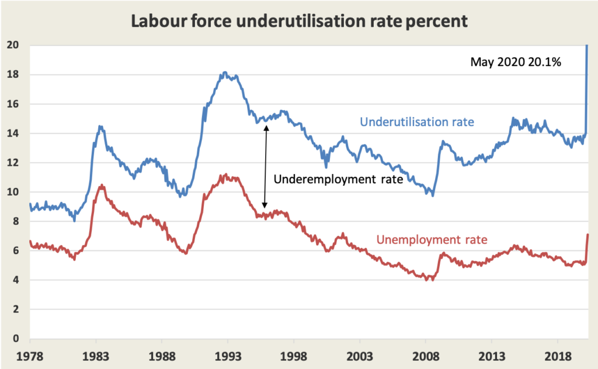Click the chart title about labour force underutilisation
[x=299, y=22]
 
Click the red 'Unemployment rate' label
[x=432, y=239]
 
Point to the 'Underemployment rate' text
[x=338, y=180]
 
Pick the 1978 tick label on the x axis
[x=30, y=355]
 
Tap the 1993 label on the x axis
[x=228, y=355]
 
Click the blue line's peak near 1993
[x=225, y=73]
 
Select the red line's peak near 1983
[x=102, y=186]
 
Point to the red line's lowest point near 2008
[x=432, y=280]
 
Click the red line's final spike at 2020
[x=587, y=235]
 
